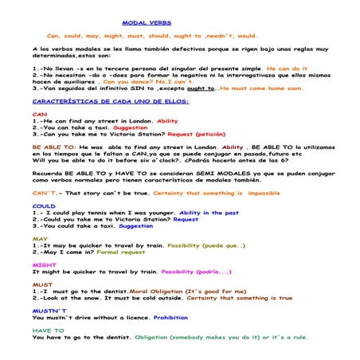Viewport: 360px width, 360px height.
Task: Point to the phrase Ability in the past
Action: coord(209,213)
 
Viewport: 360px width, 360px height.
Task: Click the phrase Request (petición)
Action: coord(197,134)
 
